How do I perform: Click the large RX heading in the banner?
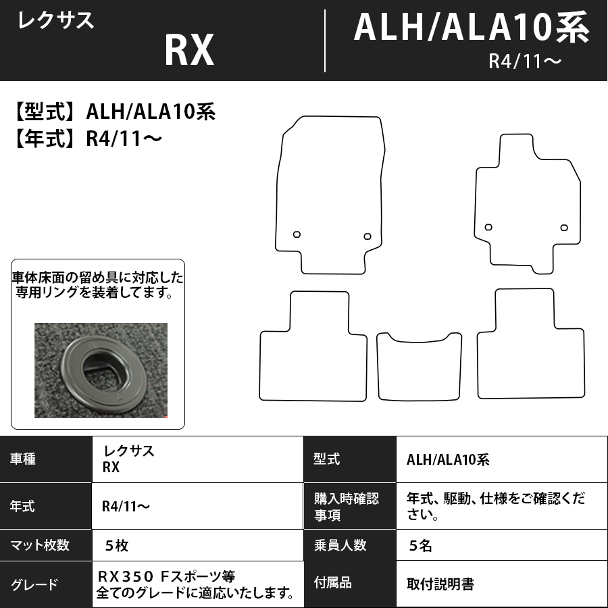pos(189,50)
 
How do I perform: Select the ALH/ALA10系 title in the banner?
pos(471,28)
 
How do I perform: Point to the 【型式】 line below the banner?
pos(113,111)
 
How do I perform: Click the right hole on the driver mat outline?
pos(367,236)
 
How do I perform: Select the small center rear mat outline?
pos(419,368)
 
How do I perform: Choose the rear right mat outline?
pos(530,351)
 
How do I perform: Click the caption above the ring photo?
pos(97,286)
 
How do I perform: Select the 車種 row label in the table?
pos(24,459)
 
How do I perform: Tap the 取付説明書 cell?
pos(440,584)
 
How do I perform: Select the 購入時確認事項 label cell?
pos(346,507)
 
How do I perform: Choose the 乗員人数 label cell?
pos(341,545)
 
